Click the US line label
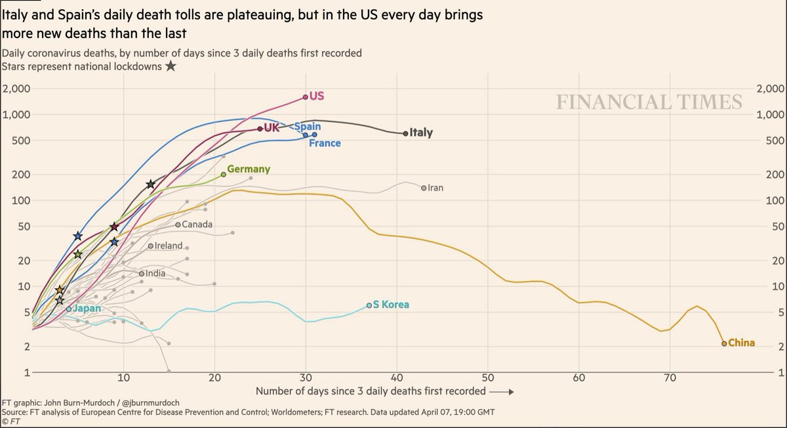pyautogui.click(x=317, y=96)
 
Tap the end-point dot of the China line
pyautogui.click(x=724, y=343)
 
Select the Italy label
pyautogui.click(x=421, y=133)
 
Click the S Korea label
pyautogui.click(x=391, y=305)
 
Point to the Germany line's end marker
pyautogui.click(x=224, y=174)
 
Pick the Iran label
pyautogui.click(x=435, y=188)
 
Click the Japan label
pyautogui.click(x=87, y=309)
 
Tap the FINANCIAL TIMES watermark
pyautogui.click(x=649, y=102)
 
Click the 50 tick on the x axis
pyautogui.click(x=487, y=378)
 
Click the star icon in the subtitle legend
pyautogui.click(x=171, y=66)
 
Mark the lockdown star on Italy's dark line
pyautogui.click(x=151, y=184)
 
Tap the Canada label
pyautogui.click(x=197, y=225)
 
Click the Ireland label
pyautogui.click(x=169, y=246)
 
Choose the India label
pyautogui.click(x=155, y=273)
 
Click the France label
pyautogui.click(x=325, y=143)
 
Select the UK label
pyautogui.click(x=272, y=128)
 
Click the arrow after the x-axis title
pyautogui.click(x=502, y=392)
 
